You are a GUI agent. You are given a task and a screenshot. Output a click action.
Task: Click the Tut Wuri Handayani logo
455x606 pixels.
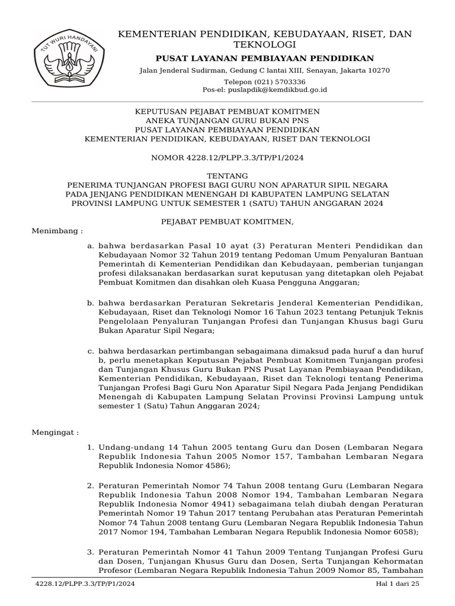[69, 62]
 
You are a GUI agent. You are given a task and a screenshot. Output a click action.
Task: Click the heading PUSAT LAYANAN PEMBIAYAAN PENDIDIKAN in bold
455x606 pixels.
[264, 58]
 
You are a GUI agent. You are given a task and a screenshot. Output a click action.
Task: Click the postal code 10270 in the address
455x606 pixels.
[379, 70]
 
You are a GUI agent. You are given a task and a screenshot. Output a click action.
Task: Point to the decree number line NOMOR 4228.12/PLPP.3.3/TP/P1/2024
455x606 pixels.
[227, 158]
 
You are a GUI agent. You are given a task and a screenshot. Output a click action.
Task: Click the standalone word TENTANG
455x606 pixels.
[227, 176]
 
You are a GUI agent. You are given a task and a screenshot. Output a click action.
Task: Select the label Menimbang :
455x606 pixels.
[57, 230]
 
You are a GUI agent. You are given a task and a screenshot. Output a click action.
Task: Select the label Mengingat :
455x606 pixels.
[55, 433]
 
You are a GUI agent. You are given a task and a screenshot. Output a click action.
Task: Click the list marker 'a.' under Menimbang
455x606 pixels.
[90, 245]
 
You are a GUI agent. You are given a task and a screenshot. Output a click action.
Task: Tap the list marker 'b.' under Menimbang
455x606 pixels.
[90, 302]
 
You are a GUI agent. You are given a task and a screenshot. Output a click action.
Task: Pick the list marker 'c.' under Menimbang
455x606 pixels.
[90, 351]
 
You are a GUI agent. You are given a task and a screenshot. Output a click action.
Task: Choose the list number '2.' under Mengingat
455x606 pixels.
[90, 485]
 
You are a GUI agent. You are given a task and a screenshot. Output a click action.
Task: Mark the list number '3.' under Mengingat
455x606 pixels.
[90, 552]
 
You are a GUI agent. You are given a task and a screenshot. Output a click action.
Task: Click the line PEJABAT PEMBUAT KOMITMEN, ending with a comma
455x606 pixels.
[227, 221]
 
